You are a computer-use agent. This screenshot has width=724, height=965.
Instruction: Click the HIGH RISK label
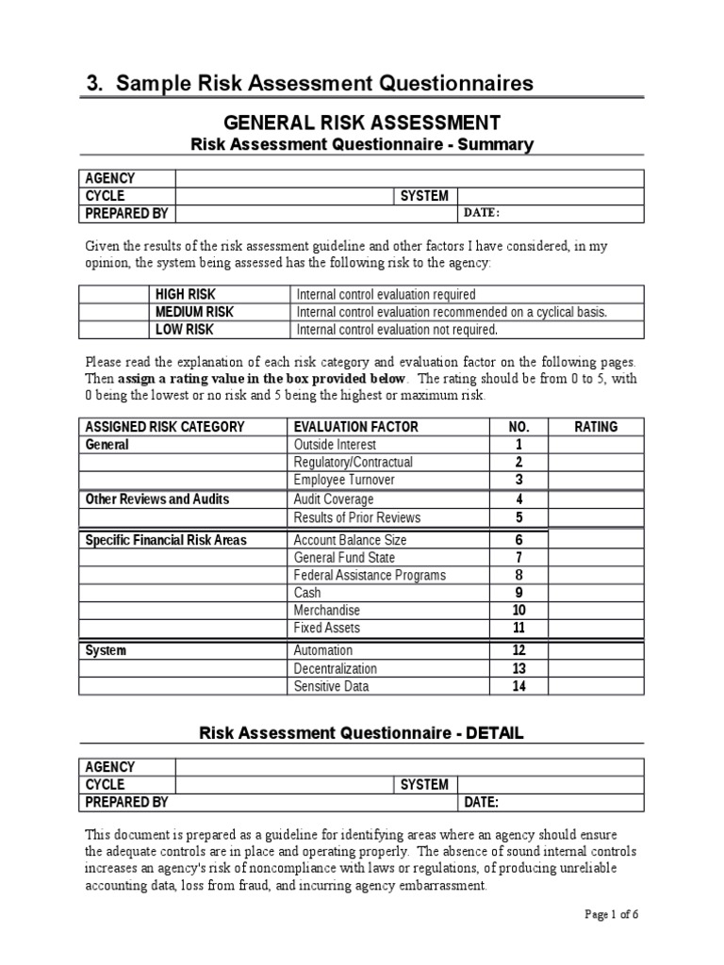pyautogui.click(x=185, y=294)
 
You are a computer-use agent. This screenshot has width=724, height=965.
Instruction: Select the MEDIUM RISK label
pyautogui.click(x=194, y=312)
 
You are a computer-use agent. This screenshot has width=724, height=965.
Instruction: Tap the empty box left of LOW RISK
pyautogui.click(x=113, y=330)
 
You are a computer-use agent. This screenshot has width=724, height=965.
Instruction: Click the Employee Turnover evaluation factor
pyautogui.click(x=344, y=480)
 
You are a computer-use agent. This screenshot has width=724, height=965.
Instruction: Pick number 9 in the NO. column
pyautogui.click(x=518, y=593)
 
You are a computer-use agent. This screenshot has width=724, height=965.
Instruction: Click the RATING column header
pyautogui.click(x=596, y=427)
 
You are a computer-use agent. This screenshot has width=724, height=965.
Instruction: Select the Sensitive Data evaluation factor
pyautogui.click(x=331, y=686)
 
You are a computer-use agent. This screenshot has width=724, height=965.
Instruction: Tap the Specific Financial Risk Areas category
pyautogui.click(x=166, y=540)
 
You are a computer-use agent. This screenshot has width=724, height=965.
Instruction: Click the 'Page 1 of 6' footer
pyautogui.click(x=612, y=914)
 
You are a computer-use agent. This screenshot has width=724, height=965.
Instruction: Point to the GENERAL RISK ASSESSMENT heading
pyautogui.click(x=361, y=123)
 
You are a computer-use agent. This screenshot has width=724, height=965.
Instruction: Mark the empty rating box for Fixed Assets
pyautogui.click(x=596, y=628)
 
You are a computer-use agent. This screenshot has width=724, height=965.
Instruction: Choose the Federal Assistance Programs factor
pyautogui.click(x=370, y=575)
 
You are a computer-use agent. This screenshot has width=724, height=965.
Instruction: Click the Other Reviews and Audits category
pyautogui.click(x=156, y=499)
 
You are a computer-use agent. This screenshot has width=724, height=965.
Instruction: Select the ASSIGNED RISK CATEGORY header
pyautogui.click(x=165, y=427)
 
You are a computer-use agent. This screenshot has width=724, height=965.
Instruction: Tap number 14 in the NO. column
pyautogui.click(x=518, y=686)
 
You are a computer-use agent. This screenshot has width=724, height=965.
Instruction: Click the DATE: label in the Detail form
pyautogui.click(x=481, y=802)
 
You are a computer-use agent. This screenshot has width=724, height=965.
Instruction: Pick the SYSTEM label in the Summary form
pyautogui.click(x=424, y=196)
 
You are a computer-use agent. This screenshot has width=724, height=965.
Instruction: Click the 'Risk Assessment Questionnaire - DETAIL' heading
pyautogui.click(x=361, y=732)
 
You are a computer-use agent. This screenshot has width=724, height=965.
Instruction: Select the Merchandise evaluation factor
pyautogui.click(x=326, y=611)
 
